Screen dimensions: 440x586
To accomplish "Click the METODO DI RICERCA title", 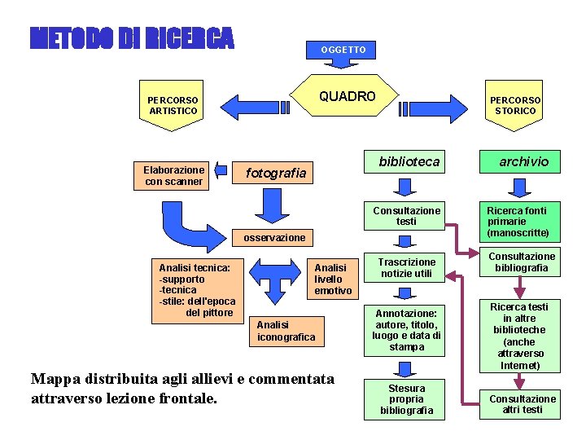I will point(132,38).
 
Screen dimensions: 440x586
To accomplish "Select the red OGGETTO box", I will point(343,50).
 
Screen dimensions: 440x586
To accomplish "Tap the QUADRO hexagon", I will point(348,97).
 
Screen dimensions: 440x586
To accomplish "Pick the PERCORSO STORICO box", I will point(514,106).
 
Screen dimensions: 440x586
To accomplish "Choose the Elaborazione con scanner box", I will point(173,176).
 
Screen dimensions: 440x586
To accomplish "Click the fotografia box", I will point(276,173).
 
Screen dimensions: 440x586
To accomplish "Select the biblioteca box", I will point(409,162).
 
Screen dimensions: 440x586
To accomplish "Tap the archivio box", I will point(523,162).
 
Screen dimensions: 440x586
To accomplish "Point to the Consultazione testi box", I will point(406,216).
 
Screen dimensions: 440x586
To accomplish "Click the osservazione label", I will point(274,237).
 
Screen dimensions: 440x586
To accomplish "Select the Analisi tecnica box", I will point(196,289).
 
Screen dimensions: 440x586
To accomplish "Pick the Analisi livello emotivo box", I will point(332,279).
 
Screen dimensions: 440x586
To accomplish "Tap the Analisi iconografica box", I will point(286,331).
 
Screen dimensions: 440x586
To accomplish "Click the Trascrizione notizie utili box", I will point(406,268).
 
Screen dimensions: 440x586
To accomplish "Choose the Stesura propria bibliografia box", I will point(406,399).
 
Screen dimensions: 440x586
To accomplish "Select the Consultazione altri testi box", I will point(522,404).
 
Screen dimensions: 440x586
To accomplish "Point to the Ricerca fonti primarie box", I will point(522,222).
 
